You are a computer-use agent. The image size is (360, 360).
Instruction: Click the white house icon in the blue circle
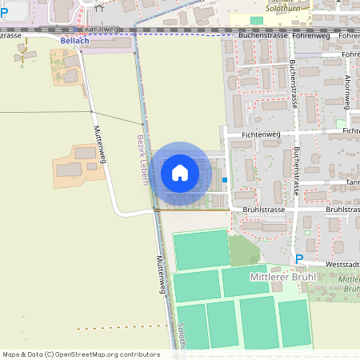[180, 172]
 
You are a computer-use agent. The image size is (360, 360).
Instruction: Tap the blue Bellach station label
[75, 40]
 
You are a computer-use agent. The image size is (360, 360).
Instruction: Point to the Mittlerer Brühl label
[283, 277]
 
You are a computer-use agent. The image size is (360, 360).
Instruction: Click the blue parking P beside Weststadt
[299, 258]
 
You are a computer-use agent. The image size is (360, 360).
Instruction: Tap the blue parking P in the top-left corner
[4, 13]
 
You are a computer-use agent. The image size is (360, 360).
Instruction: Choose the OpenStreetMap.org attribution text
[106, 354]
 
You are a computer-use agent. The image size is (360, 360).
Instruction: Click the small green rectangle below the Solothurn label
[256, 20]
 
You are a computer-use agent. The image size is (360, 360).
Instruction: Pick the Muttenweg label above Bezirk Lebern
[100, 146]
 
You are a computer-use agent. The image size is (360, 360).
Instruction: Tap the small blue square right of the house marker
[225, 180]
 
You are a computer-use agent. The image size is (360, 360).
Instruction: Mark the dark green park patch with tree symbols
[243, 250]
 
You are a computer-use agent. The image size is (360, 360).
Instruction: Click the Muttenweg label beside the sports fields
[161, 274]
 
